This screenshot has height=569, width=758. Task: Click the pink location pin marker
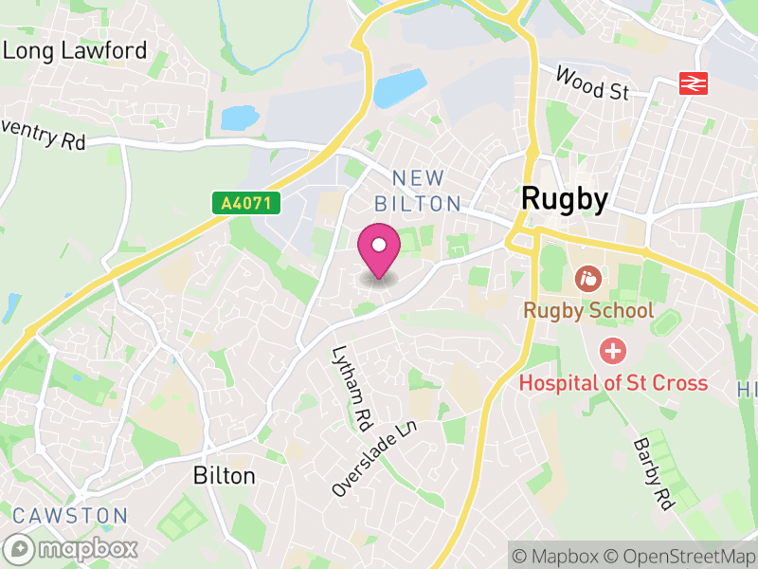[x=379, y=248]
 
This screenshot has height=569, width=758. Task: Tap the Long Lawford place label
[x=76, y=50]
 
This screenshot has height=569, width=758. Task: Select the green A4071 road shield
[x=245, y=202]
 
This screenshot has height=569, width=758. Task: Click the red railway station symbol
[x=694, y=83]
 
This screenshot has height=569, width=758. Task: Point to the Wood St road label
[x=592, y=83]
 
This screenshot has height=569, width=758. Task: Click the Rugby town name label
[x=564, y=199]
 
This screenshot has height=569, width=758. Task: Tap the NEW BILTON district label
[x=418, y=191]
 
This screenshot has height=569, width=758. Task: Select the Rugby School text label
[x=588, y=311]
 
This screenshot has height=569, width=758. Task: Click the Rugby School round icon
[x=587, y=279]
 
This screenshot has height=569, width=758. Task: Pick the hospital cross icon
[x=613, y=352]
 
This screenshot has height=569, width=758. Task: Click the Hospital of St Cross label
[x=612, y=383]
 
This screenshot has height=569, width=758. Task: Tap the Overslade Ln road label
[x=375, y=459]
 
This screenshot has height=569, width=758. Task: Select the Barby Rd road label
[x=653, y=475]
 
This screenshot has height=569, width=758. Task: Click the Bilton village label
[x=225, y=475]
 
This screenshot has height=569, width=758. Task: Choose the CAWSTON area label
[x=70, y=516]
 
